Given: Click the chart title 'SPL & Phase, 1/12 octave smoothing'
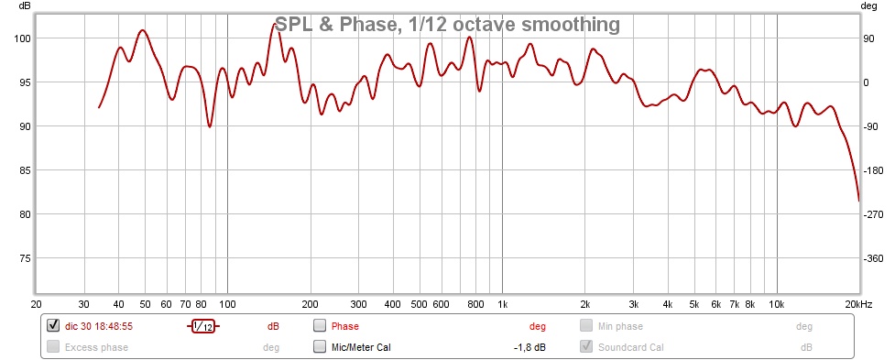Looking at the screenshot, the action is tap(447, 25).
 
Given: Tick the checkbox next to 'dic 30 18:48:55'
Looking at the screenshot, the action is tap(53, 326).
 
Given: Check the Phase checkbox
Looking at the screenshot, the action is tap(320, 326).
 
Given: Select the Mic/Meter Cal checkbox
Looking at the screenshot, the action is tap(320, 346).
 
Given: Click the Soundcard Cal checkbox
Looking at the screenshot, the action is tap(586, 346).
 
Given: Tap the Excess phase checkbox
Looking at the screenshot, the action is tap(53, 346).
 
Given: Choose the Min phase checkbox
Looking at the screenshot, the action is tap(586, 326).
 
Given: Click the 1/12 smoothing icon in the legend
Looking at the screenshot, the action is tap(203, 326).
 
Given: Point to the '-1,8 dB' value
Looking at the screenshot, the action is tap(529, 347).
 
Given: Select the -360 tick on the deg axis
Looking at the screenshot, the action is tap(873, 258).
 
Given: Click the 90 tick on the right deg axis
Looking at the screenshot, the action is tap(868, 38).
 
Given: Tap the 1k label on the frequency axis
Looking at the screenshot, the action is tap(502, 304).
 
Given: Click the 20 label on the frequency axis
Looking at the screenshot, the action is tap(36, 304).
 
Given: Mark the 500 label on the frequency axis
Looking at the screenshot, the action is tap(419, 304).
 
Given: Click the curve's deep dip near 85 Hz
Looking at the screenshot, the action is tap(210, 126).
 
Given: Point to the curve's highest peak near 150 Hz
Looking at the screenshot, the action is tap(276, 25).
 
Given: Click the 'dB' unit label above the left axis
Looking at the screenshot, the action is tap(25, 6).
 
